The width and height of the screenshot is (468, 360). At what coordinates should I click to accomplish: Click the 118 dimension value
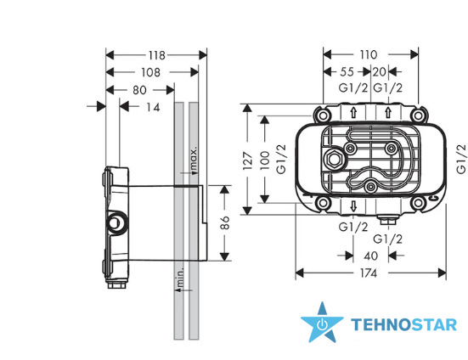157,55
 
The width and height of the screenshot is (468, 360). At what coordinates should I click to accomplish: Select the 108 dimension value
150,72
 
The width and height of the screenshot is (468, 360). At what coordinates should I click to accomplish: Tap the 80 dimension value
139,90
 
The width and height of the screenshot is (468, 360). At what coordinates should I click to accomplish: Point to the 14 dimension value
153,107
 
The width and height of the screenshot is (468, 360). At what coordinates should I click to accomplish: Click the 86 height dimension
226,222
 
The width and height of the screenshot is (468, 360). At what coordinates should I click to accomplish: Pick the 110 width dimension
369,55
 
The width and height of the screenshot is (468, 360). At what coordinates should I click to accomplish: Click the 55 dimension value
347,72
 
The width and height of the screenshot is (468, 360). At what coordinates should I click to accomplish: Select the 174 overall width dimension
369,273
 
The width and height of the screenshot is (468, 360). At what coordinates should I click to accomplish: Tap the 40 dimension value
371,256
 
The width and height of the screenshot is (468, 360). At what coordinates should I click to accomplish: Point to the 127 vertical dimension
248,161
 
